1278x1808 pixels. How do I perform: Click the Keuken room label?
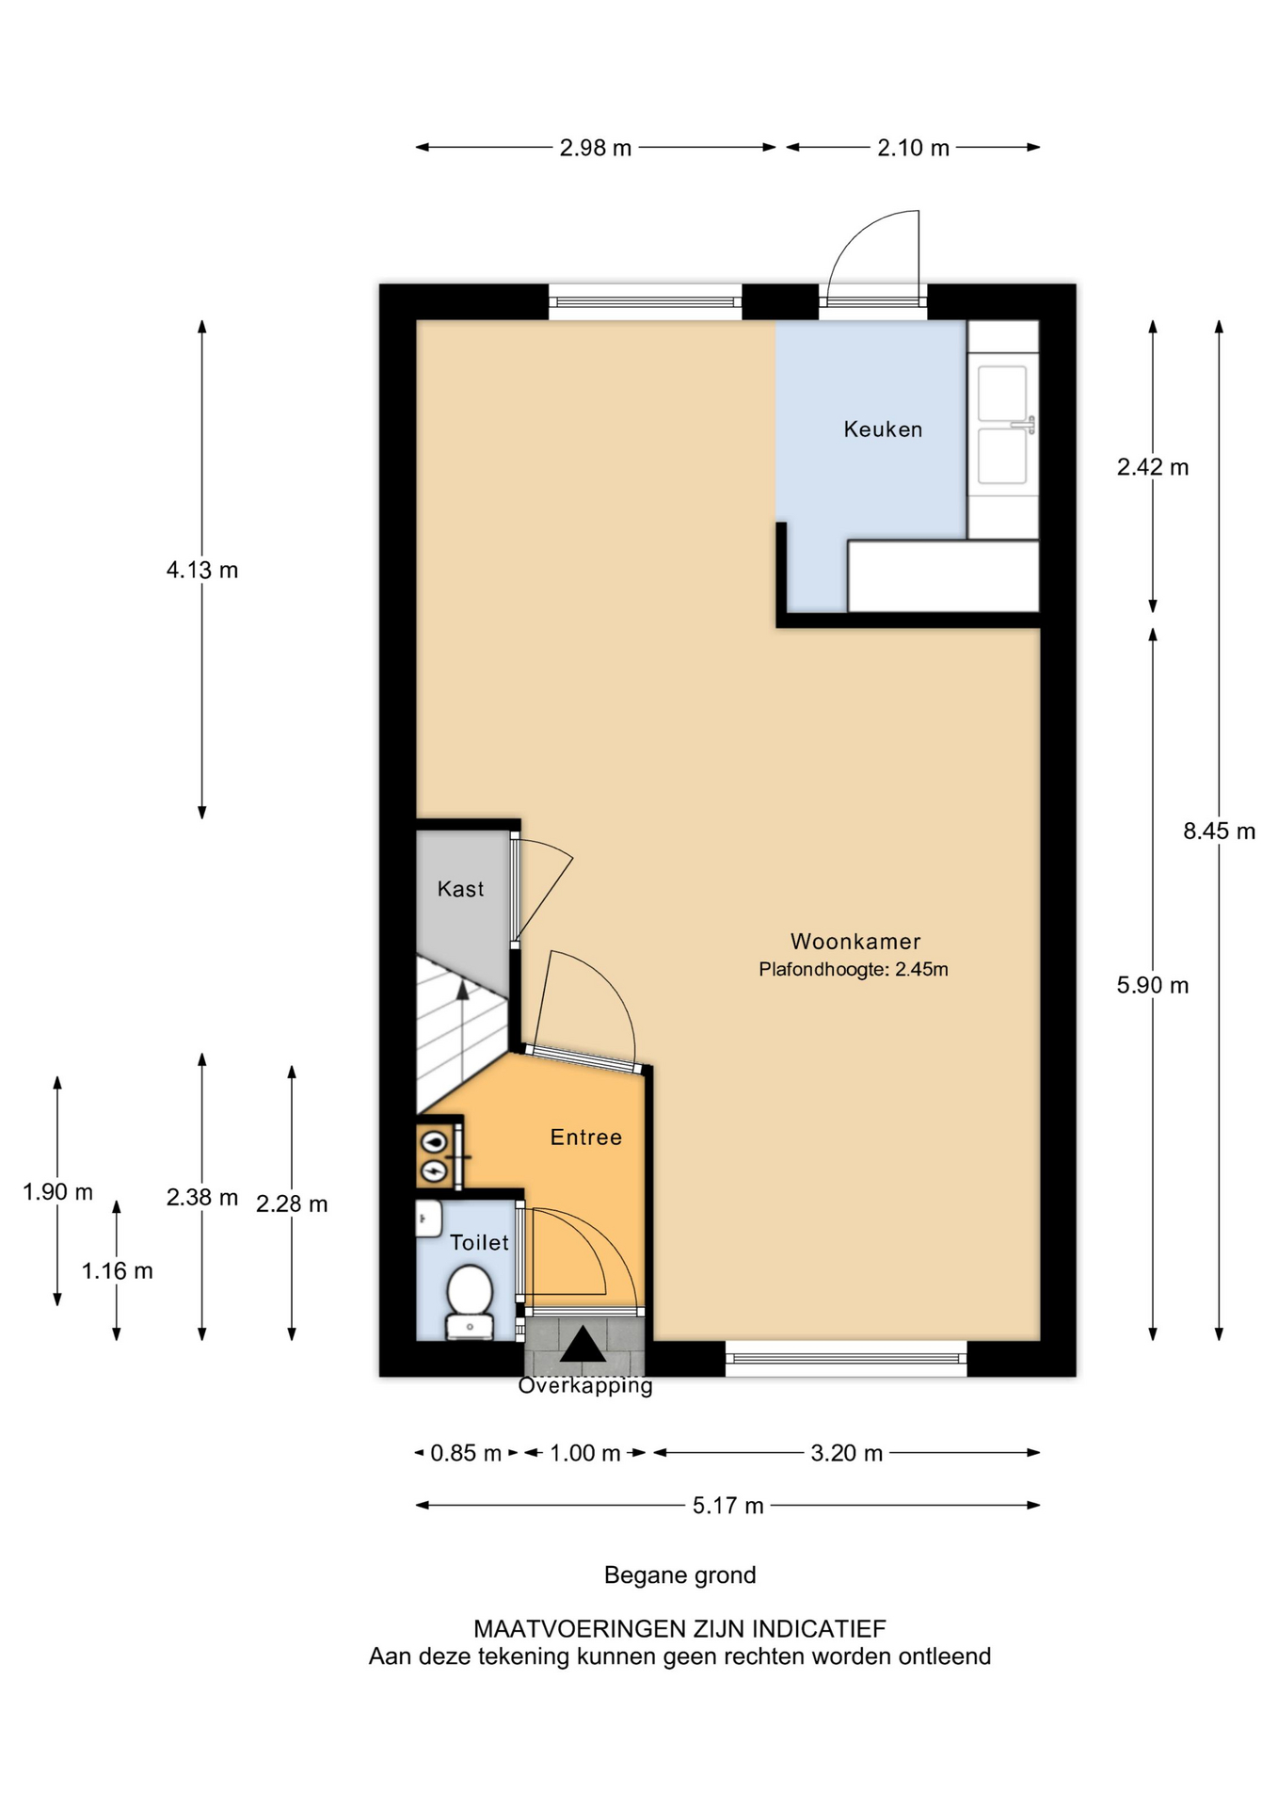pyautogui.click(x=883, y=429)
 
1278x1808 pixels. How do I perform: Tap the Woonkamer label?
pyautogui.click(x=855, y=941)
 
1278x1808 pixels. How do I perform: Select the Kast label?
pyautogui.click(x=460, y=889)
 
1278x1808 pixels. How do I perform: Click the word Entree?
pyautogui.click(x=586, y=1138)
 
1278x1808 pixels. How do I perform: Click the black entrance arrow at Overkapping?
pyautogui.click(x=583, y=1344)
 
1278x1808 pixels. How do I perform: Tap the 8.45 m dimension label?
pyautogui.click(x=1220, y=831)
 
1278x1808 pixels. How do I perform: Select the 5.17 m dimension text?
pyautogui.click(x=728, y=1505)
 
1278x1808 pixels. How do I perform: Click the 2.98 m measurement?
pyautogui.click(x=596, y=148)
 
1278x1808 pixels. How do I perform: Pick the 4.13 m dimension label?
pyautogui.click(x=202, y=570)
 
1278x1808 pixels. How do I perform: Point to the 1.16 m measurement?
pyautogui.click(x=117, y=1271)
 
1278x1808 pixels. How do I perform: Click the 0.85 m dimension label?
pyautogui.click(x=466, y=1453)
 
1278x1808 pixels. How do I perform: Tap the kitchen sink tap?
pyautogui.click(x=1025, y=426)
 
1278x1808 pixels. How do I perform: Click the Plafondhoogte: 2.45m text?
pyautogui.click(x=854, y=969)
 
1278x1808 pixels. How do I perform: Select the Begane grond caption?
pyautogui.click(x=680, y=1575)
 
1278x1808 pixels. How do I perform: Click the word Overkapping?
pyautogui.click(x=585, y=1385)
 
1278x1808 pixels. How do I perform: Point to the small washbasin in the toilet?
pyautogui.click(x=429, y=1219)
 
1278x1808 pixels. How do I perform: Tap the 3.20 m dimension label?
pyautogui.click(x=847, y=1453)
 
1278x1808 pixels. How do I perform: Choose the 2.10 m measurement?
pyautogui.click(x=914, y=148)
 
